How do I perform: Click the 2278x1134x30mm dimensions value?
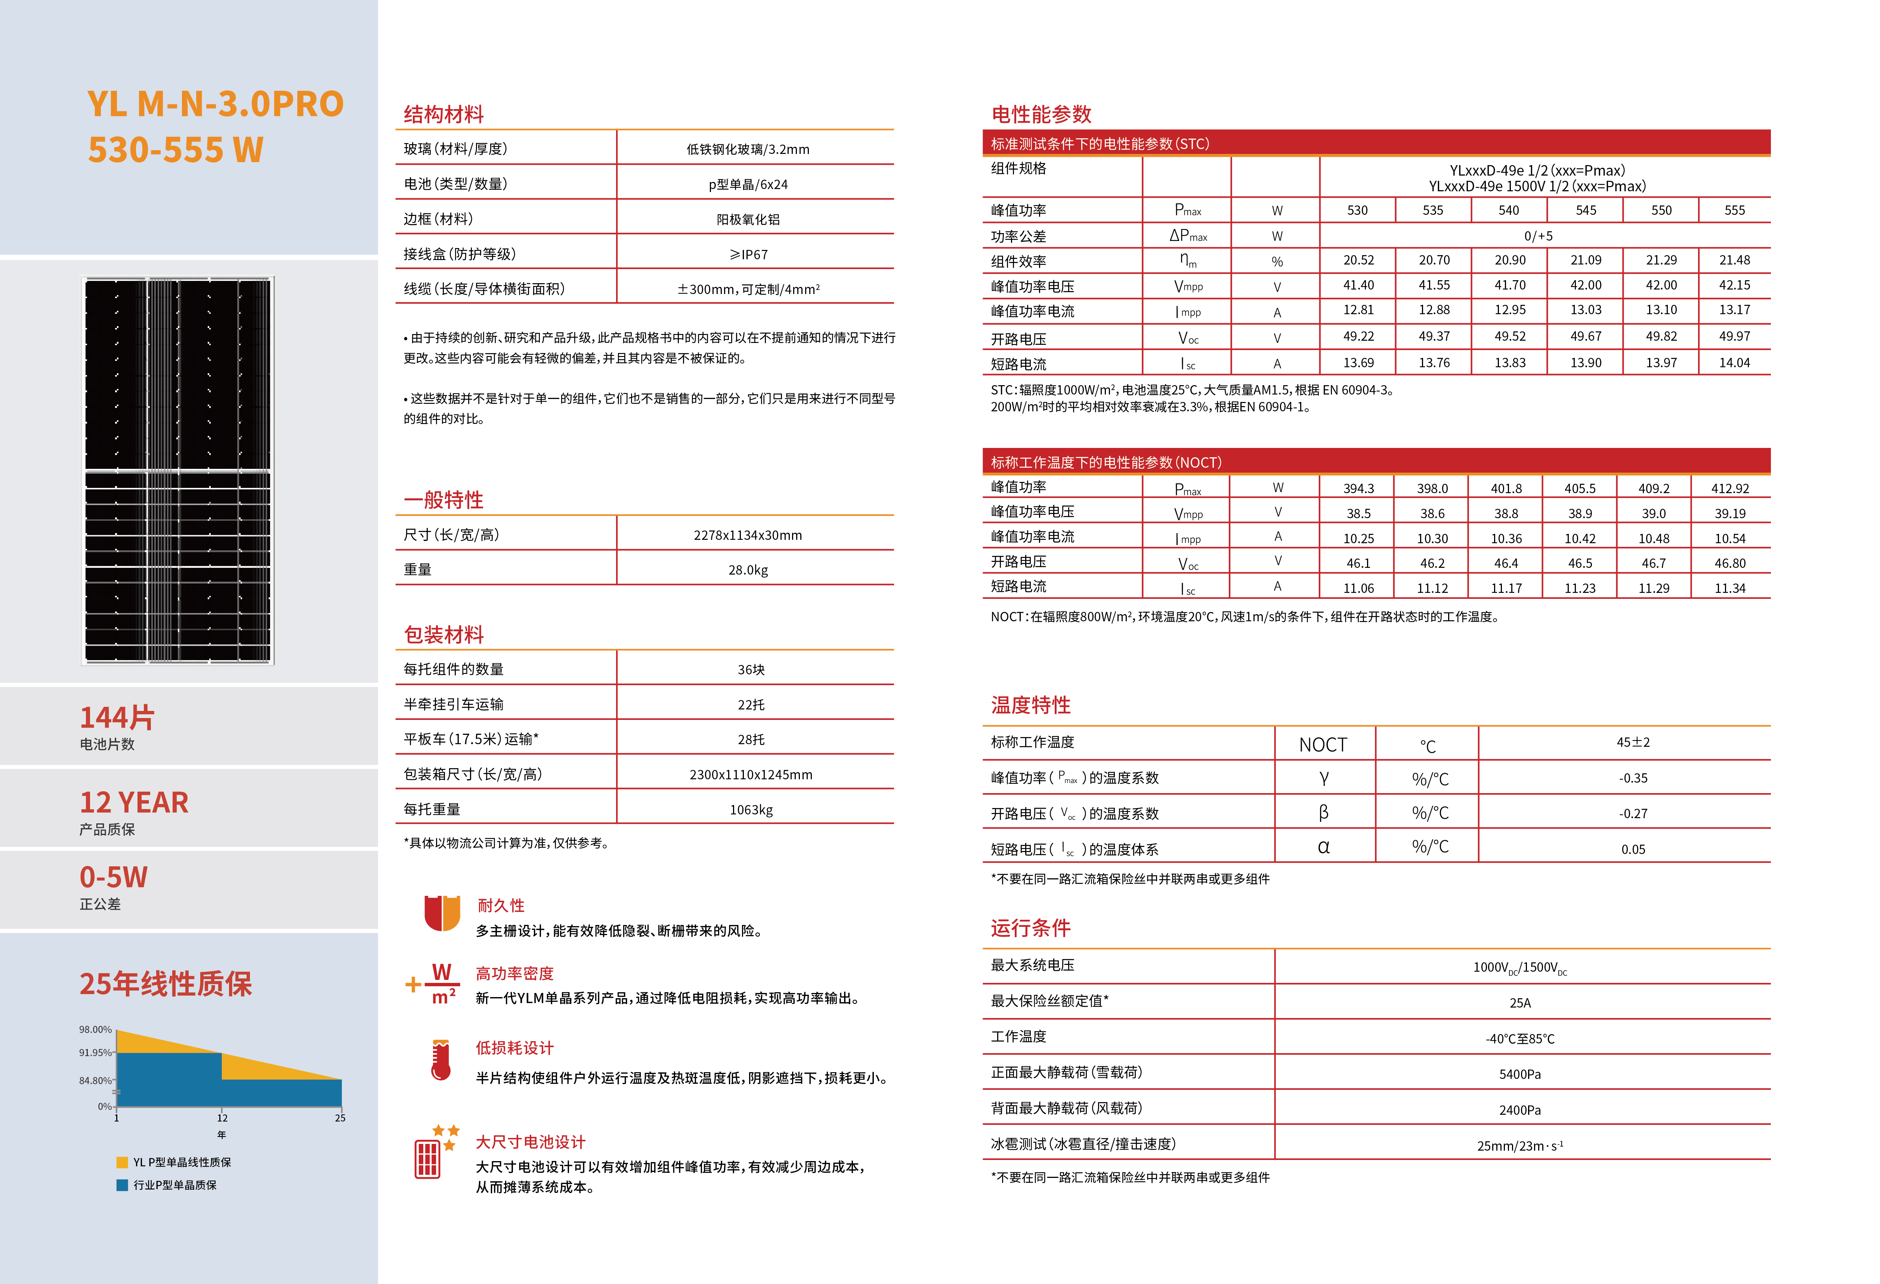coord(748,535)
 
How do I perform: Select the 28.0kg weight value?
coord(748,570)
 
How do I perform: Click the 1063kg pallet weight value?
coord(751,809)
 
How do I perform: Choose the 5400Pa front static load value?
coord(1519,1074)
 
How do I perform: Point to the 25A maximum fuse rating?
coord(1519,1002)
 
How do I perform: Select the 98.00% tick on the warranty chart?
coord(95,1029)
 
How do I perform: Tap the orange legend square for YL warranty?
coord(122,1162)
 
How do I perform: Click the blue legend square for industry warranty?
coord(122,1185)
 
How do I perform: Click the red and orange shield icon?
coord(442,913)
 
